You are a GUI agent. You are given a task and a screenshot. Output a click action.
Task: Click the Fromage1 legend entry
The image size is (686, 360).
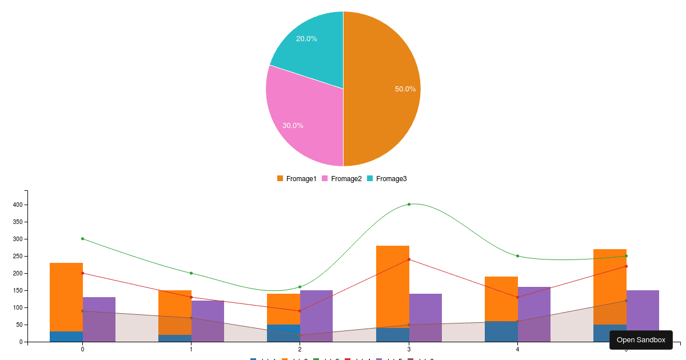point(297,179)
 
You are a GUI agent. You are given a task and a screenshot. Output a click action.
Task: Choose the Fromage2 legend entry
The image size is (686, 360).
point(341,179)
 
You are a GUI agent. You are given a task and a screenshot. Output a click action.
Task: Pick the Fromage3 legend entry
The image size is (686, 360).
point(386,179)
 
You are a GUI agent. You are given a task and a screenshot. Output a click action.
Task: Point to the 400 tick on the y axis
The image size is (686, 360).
point(18,205)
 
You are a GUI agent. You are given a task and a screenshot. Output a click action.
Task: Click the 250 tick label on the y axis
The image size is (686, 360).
point(18,256)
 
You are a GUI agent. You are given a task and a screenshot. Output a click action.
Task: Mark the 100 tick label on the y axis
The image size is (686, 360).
point(18,307)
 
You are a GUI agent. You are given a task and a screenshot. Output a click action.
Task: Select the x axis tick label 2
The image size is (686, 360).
point(300,349)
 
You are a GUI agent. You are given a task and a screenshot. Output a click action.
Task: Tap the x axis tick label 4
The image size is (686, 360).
point(517,349)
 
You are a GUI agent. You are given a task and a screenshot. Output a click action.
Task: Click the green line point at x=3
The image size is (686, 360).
point(409,204)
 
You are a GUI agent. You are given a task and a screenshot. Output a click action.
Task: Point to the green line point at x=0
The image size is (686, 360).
point(82,239)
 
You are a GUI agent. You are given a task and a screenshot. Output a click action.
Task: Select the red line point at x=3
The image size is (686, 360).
point(409,259)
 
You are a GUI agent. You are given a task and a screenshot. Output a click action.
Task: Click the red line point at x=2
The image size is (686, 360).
point(300,311)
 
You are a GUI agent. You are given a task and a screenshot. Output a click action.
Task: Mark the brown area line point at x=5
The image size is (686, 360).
point(626,301)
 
